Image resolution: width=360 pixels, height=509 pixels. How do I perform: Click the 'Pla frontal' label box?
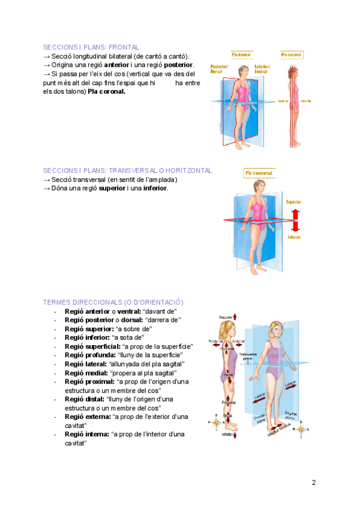242,54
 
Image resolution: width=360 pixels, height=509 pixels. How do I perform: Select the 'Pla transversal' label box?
259,173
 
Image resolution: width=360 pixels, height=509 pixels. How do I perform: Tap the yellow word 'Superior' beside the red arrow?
294,202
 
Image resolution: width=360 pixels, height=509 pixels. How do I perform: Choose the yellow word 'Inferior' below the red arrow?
294,237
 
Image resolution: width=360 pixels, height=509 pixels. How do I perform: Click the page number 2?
314,482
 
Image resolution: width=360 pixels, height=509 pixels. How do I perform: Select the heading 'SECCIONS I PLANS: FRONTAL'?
91,47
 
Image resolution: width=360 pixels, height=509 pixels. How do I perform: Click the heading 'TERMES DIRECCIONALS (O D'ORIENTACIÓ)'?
113,302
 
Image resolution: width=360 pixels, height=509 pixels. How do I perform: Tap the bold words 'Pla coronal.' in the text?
106,92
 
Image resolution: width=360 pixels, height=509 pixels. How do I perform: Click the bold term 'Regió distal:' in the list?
85,399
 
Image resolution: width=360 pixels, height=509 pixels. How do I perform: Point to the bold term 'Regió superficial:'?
92,347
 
